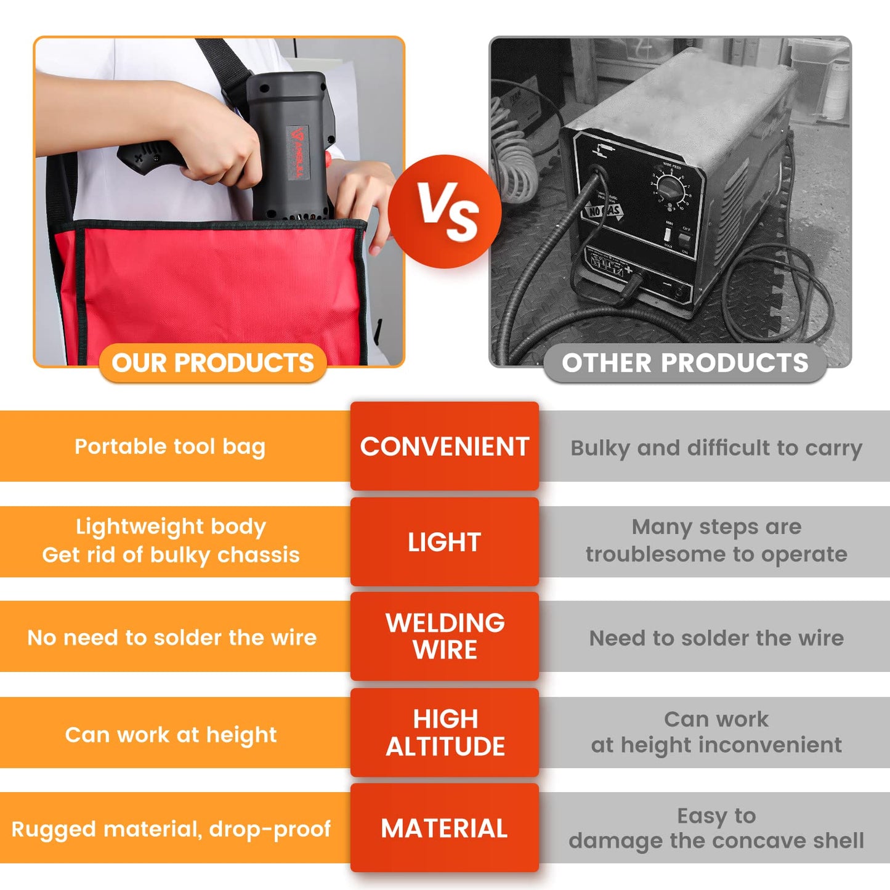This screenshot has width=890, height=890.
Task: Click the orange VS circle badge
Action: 444,211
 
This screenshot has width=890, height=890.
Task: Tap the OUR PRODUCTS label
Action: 213,363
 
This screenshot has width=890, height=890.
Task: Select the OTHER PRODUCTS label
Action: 685,363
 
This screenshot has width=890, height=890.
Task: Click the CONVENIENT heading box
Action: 444,446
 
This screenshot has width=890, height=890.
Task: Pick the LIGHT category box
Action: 444,541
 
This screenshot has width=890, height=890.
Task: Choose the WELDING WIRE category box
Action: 444,636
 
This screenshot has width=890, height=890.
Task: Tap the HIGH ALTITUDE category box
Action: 444,732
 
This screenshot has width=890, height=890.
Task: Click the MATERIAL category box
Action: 444,828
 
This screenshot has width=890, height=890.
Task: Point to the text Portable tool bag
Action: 170,447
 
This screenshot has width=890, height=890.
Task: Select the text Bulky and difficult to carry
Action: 716,448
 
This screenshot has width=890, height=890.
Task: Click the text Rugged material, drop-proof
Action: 171,829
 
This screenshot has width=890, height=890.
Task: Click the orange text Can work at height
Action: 171,734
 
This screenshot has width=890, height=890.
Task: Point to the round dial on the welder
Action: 671,188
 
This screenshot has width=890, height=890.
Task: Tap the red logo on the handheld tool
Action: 297,151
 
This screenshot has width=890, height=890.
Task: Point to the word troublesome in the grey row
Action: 660,554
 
